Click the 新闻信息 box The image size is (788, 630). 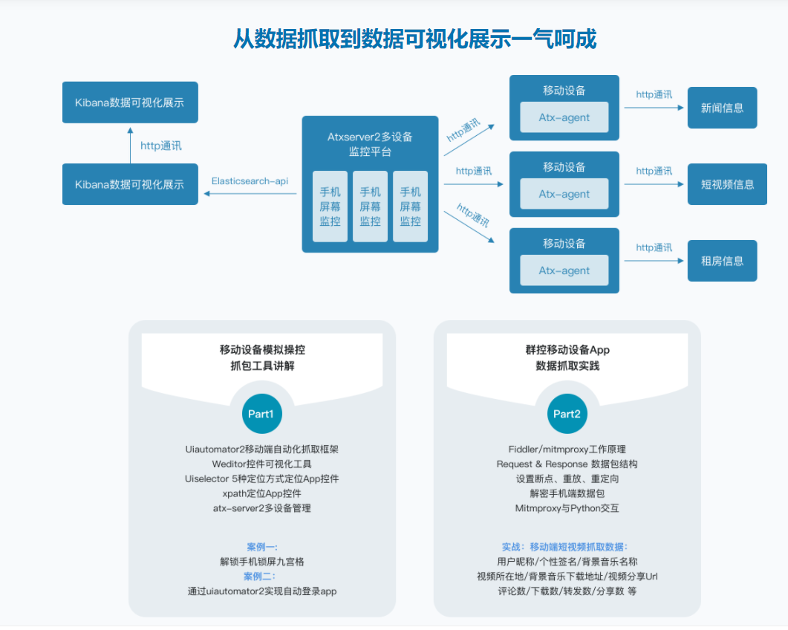coord(722,108)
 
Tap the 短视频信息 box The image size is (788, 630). coord(727,184)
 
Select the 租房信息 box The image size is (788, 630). coord(722,261)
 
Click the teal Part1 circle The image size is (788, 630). coord(261,414)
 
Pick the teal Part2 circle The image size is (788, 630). coord(567,414)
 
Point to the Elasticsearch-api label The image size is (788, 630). coord(250,181)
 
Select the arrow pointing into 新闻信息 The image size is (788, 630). coord(654,108)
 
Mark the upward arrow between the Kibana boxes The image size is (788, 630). coord(131,144)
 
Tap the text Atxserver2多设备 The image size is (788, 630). coord(370,137)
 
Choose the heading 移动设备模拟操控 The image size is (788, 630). coord(261,349)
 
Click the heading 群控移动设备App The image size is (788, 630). coord(567,349)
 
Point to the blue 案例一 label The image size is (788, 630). coord(261,547)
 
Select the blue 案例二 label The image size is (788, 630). coord(261,577)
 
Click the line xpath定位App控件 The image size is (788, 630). coord(261,493)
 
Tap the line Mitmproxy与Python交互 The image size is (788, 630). coord(567,508)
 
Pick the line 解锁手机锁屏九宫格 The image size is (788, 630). coord(261,562)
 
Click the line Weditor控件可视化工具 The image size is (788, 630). coord(261,464)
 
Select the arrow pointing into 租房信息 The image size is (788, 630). coord(654,261)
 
